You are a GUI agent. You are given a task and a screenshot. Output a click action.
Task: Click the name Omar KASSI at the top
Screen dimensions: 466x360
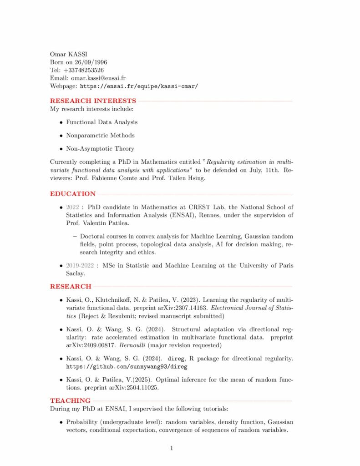coord(68,55)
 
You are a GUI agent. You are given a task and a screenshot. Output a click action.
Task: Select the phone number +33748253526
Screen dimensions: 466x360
coord(84,70)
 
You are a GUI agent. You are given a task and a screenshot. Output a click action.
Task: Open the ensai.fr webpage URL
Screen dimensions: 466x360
coord(139,86)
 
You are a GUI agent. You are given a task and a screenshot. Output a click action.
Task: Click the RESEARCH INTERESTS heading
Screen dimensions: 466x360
coord(93,101)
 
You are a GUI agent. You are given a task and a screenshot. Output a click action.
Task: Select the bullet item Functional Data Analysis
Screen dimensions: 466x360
coord(101,122)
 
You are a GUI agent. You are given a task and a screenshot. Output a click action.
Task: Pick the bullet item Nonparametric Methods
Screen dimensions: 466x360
coord(100,135)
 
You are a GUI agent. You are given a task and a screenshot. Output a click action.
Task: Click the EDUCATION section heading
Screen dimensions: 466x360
coord(73,193)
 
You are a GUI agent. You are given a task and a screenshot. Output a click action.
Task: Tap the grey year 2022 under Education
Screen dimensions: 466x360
coord(72,207)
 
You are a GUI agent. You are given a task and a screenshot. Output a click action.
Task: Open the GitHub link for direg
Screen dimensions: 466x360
coord(127,366)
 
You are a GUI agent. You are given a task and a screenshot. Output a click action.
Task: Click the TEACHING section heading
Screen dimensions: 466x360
coord(70,400)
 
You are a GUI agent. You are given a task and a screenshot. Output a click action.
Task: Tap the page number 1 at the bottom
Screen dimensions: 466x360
coord(172,449)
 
